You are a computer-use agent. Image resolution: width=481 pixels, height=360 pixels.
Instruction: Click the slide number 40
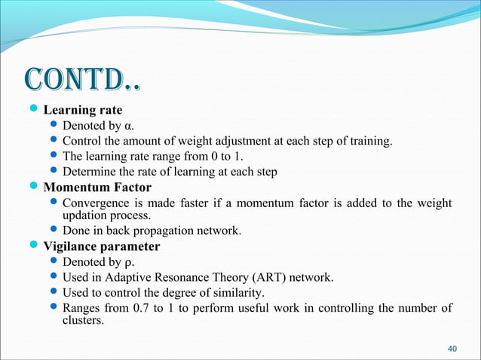[x=452, y=349]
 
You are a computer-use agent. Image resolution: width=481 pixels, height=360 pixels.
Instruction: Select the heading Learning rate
[x=82, y=111]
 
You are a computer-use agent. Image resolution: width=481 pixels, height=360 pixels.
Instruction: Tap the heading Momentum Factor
[x=97, y=187]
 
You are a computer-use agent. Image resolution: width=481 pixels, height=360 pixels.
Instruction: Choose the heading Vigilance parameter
[x=101, y=246]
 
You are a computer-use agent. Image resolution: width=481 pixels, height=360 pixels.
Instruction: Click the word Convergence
[x=98, y=203]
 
